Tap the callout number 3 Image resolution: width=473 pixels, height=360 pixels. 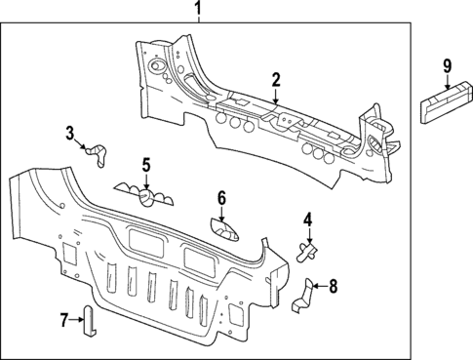[70, 133]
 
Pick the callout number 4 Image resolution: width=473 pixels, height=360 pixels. [306, 220]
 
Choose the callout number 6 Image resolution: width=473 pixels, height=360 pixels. [221, 198]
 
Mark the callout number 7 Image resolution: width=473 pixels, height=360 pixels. [64, 319]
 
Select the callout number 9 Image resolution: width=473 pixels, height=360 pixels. [447, 65]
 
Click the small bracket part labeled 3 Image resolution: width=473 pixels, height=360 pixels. [98, 151]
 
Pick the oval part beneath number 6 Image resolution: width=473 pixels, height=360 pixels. [223, 230]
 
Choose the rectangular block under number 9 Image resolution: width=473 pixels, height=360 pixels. [445, 102]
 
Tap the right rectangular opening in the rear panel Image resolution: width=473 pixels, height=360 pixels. [203, 257]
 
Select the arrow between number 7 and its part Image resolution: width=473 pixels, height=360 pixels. [76, 319]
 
